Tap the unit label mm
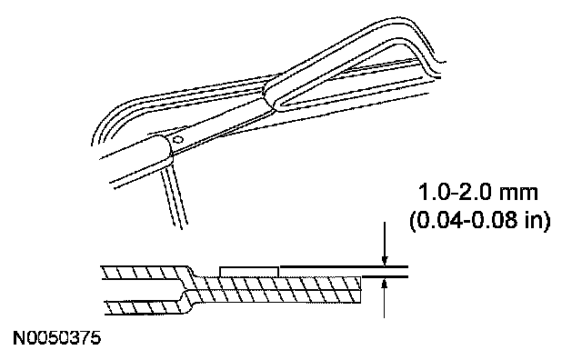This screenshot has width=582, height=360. pos(518,194)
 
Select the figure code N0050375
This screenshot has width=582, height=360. pos(56,338)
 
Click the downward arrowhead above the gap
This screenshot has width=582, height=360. pos(385,261)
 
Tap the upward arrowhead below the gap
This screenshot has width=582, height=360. pos(385,285)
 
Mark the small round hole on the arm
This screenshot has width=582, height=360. pos(178,140)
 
